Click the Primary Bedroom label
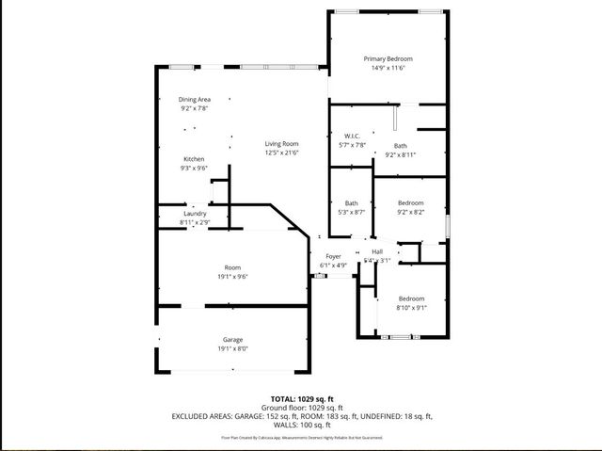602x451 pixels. (388, 58)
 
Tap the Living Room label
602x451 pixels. (280, 143)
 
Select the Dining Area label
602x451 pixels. (195, 100)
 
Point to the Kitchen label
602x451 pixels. (194, 159)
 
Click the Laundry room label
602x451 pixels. (195, 214)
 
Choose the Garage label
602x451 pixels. (233, 339)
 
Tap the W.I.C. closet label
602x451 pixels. (353, 136)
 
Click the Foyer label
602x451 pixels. (333, 256)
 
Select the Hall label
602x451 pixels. (377, 251)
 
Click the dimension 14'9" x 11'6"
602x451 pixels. (388, 68)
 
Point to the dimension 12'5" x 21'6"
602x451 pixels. (280, 153)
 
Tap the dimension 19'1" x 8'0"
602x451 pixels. (233, 348)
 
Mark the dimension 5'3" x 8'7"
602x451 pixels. (351, 212)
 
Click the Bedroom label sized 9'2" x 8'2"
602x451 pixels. (410, 202)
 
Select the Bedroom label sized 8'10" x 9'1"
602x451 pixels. (410, 298)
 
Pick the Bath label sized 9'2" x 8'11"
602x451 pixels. (401, 146)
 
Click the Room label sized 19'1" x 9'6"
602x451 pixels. (232, 268)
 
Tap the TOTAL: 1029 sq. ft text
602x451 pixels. (301, 398)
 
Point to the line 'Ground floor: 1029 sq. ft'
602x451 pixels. (301, 407)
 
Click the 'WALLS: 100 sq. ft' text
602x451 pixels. (301, 424)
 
